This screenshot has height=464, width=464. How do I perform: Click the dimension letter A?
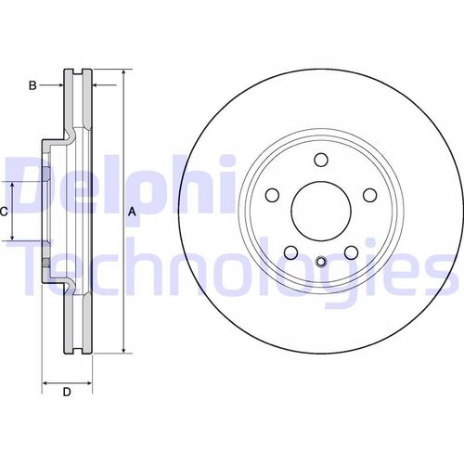click(132, 212)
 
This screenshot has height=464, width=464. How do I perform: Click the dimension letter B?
click(32, 85)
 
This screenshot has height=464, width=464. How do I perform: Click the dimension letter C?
click(4, 212)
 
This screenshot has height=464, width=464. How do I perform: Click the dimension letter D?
click(67, 393)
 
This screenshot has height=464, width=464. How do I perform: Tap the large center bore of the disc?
click(321, 212)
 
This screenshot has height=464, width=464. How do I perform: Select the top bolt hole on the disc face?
click(321, 160)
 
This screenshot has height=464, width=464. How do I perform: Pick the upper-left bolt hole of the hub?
click(272, 195)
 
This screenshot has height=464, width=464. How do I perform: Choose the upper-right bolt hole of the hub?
click(370, 195)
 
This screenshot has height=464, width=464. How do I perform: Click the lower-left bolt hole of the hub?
click(290, 252)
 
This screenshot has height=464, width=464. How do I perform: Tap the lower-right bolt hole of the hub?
click(352, 252)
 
